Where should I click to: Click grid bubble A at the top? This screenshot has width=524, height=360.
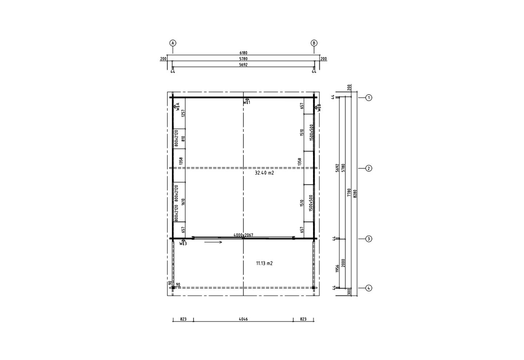(172, 43)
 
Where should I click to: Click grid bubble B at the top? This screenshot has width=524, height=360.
(314, 43)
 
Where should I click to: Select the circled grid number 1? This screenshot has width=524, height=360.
(369, 98)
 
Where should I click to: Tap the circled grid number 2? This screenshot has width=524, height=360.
(369, 168)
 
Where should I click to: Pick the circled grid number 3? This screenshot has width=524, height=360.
(369, 239)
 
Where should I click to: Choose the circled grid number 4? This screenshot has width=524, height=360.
(369, 288)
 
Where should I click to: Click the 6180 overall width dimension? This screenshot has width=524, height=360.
(243, 53)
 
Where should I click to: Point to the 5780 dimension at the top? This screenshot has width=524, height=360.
(243, 59)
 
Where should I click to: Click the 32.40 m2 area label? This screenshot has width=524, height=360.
(264, 173)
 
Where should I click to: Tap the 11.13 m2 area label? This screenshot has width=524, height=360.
(264, 263)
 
